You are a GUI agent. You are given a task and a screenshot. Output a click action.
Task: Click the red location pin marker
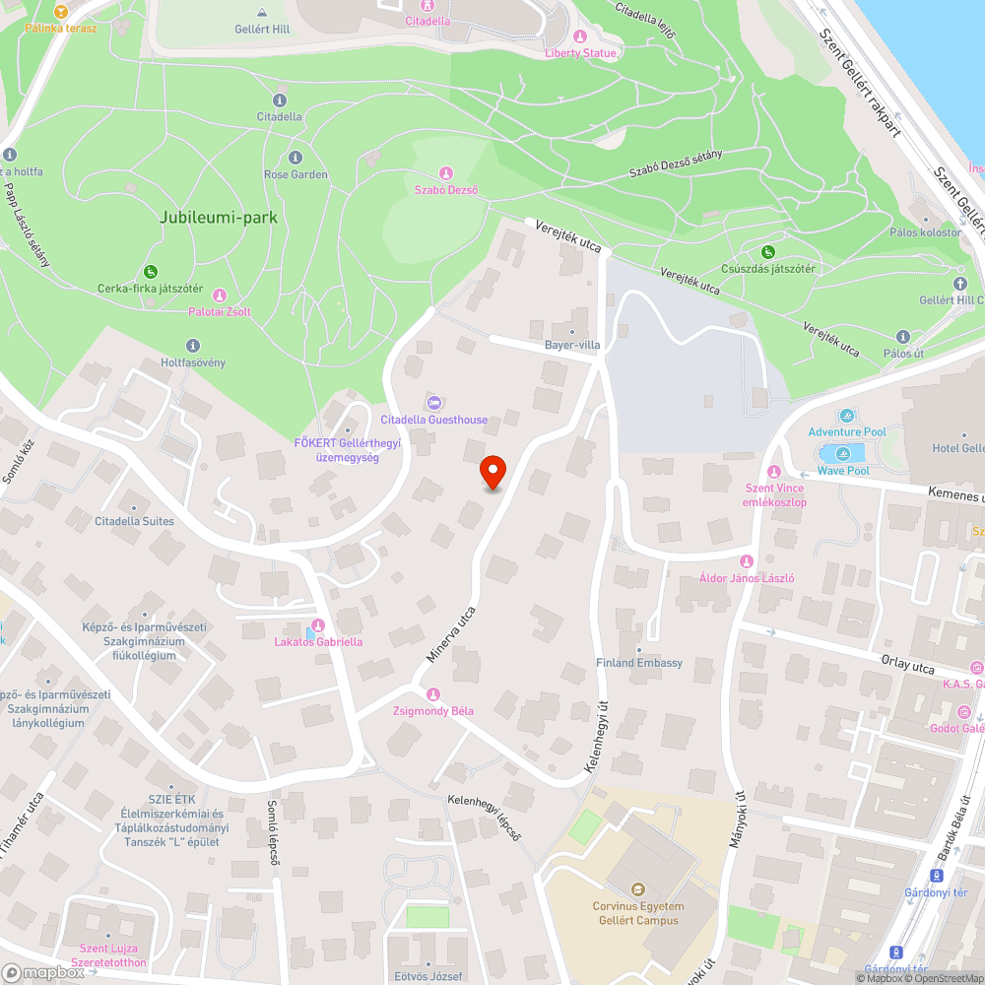[492, 471]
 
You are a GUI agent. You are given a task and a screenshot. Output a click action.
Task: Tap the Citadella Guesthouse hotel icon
[433, 403]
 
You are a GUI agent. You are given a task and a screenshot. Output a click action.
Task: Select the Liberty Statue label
[580, 53]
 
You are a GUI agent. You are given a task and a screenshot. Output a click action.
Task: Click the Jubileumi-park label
[219, 217]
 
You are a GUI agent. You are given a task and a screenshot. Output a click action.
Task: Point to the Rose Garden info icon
[295, 158]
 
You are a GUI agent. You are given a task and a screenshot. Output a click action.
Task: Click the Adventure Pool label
[847, 432]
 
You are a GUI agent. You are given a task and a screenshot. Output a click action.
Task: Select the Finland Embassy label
[639, 663]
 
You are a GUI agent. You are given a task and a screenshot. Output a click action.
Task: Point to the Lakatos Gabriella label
[318, 642]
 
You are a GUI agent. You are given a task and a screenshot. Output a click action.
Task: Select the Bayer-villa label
[572, 346]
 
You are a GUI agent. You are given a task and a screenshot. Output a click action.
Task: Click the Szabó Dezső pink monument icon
[445, 173]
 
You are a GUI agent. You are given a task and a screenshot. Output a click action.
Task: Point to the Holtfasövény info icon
[192, 345]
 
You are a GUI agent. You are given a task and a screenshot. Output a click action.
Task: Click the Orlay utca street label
[909, 668]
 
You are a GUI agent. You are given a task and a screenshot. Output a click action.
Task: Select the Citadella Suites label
[134, 521]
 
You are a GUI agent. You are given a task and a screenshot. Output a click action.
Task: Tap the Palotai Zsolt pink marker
[220, 295]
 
